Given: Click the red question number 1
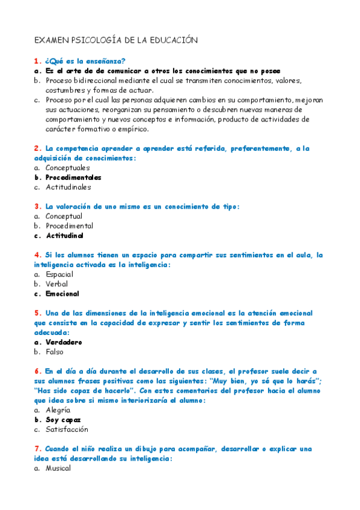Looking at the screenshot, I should click(37, 61).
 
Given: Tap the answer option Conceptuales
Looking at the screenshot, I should click(67, 168).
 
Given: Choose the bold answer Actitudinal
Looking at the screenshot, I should click(64, 236).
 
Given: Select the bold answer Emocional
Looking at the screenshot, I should click(63, 294).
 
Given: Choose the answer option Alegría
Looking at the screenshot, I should click(58, 410).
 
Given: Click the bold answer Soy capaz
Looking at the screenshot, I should click(63, 420).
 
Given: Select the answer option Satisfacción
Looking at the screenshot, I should click(67, 429).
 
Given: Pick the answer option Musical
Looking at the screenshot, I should click(58, 468).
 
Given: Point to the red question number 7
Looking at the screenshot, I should click(37, 449).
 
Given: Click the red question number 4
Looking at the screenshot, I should click(37, 255).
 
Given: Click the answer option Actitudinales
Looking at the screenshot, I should click(69, 187).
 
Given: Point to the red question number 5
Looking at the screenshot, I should click(37, 313).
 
